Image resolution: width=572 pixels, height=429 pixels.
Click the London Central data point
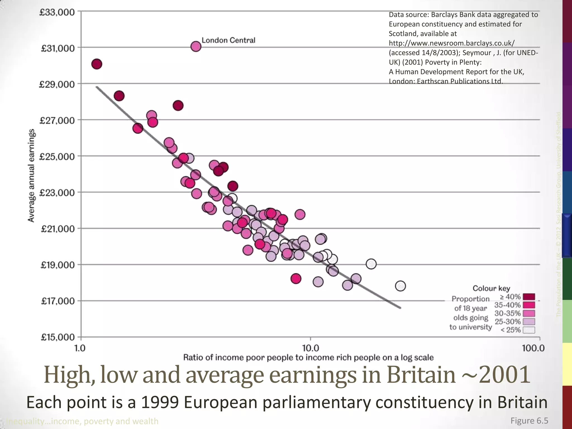[196, 46]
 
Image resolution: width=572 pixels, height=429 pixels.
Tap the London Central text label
[228, 40]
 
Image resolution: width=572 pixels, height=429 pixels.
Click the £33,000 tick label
[58, 13]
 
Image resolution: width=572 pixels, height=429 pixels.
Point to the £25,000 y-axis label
[58, 157]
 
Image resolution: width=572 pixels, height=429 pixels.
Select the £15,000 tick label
[58, 337]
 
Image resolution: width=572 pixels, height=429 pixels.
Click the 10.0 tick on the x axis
[311, 348]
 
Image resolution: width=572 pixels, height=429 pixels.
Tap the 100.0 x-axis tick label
[533, 348]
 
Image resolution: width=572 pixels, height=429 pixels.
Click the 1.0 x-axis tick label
[80, 348]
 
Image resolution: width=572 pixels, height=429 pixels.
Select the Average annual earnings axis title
[31, 175]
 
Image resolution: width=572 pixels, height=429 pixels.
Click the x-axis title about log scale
[308, 357]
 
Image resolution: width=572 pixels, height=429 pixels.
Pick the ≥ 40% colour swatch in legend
[529, 297]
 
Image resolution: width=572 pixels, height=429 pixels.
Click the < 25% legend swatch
[529, 330]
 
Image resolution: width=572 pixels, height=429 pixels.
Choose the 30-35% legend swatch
[529, 313]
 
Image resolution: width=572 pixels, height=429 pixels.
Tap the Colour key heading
[491, 288]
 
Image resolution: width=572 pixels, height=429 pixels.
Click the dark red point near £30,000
[97, 64]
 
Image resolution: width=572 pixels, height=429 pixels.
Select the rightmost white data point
[400, 286]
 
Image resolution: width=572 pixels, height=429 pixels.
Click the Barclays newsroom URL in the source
[451, 43]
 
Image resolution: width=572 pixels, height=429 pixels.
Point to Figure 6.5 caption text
[529, 421]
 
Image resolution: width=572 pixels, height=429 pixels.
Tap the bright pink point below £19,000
[296, 278]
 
